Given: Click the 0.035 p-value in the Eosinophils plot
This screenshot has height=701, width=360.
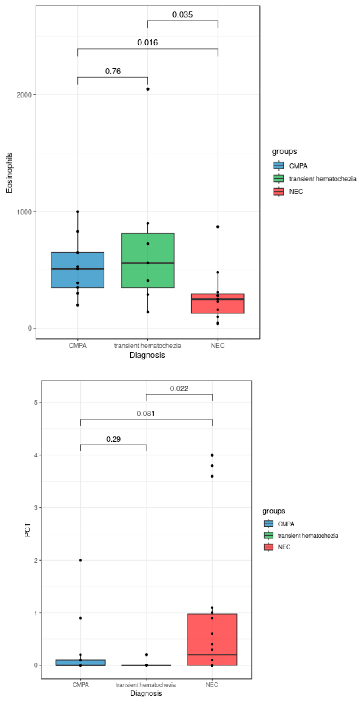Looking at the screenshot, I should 182,14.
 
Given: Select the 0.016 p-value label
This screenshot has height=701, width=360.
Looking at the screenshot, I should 147,42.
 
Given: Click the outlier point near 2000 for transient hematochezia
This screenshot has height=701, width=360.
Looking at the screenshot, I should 148,89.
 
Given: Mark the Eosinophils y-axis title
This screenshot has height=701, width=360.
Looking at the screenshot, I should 9,173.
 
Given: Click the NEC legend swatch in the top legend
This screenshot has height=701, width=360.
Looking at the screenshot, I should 279,192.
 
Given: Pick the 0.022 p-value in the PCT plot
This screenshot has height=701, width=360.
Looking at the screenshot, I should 179,388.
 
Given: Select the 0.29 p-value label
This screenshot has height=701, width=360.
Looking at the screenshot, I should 113,439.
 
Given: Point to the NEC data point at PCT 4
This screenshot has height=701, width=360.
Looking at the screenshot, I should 212,455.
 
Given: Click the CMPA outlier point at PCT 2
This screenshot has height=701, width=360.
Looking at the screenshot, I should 80,560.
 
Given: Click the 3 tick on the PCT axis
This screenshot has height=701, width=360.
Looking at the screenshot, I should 36,507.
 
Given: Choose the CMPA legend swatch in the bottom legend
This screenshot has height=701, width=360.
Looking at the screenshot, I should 269,524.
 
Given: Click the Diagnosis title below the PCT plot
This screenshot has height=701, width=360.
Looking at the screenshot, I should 146,693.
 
